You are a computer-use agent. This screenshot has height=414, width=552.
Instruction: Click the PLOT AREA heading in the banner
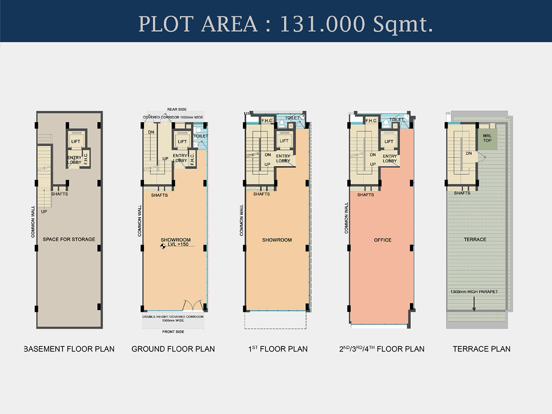coord(286,24)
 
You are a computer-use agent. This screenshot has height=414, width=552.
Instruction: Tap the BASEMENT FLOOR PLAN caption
coord(69,349)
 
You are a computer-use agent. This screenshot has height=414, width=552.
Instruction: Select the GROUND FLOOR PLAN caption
coord(173,349)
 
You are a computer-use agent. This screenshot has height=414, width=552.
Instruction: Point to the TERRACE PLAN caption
coord(482,349)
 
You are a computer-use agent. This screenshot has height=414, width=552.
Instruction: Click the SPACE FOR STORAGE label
coord(69,239)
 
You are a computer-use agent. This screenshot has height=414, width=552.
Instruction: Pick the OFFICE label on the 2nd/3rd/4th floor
coord(383,240)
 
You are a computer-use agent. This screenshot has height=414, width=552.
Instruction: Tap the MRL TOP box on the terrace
coord(488,139)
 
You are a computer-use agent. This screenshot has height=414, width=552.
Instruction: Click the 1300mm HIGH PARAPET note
coord(474,292)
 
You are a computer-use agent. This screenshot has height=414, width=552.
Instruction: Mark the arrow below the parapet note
coord(474,304)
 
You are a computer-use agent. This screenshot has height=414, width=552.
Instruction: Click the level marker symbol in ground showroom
coord(163,247)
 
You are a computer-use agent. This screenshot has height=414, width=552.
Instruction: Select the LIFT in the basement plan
coord(75,141)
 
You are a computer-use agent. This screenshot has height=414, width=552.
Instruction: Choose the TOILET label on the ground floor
coord(201,136)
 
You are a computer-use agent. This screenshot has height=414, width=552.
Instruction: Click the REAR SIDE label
coord(177,109)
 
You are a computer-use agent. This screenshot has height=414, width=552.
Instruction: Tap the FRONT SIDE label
coord(173,332)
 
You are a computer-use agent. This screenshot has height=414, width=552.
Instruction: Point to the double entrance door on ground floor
coord(192,305)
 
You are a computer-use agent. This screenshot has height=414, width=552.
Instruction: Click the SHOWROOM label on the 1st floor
coord(277,240)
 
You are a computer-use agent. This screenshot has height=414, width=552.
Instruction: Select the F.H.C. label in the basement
coord(86,159)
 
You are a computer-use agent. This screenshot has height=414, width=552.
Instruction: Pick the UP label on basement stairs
coord(44,212)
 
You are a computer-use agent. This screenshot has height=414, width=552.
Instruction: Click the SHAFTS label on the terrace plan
coord(462,193)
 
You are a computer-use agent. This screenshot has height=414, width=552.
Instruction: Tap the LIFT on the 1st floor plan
coord(284,141)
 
